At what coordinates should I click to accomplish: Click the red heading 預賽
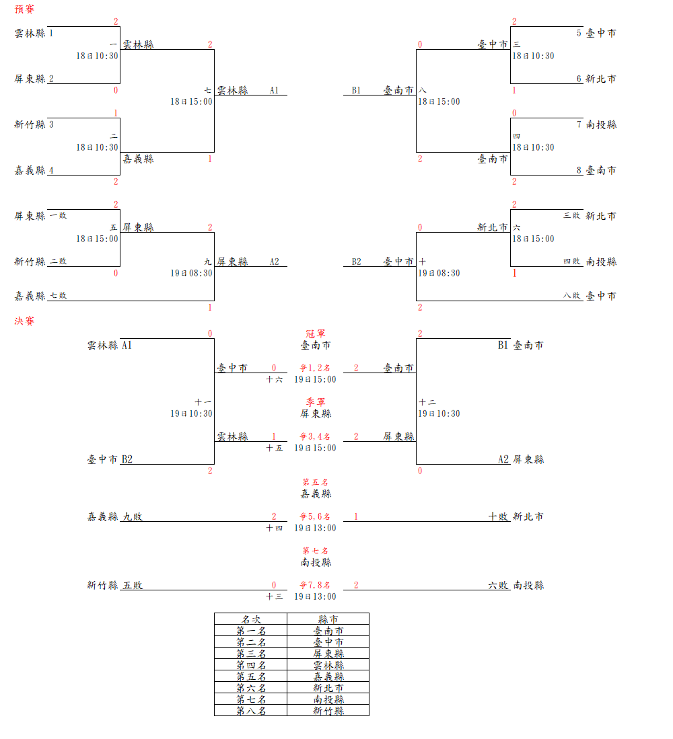25,9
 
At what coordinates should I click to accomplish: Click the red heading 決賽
25,321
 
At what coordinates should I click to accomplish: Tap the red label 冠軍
315,334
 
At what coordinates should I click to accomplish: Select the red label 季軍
315,402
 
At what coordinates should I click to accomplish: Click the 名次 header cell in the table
251,619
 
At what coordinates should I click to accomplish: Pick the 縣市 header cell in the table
328,619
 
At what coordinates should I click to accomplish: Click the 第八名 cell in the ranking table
251,711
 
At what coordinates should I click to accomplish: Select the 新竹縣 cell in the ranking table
328,711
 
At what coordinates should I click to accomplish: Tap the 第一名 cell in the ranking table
251,631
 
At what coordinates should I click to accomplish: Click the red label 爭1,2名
315,368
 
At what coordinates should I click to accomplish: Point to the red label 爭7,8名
315,585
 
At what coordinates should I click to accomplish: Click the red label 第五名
315,482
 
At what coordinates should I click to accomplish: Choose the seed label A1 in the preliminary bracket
274,90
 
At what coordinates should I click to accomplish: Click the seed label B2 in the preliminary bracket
357,262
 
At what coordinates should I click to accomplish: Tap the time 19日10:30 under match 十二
439,414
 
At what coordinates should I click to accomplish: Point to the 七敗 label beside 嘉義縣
59,295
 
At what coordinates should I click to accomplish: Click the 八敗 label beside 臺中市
572,295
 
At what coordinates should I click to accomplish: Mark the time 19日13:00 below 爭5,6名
315,528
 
